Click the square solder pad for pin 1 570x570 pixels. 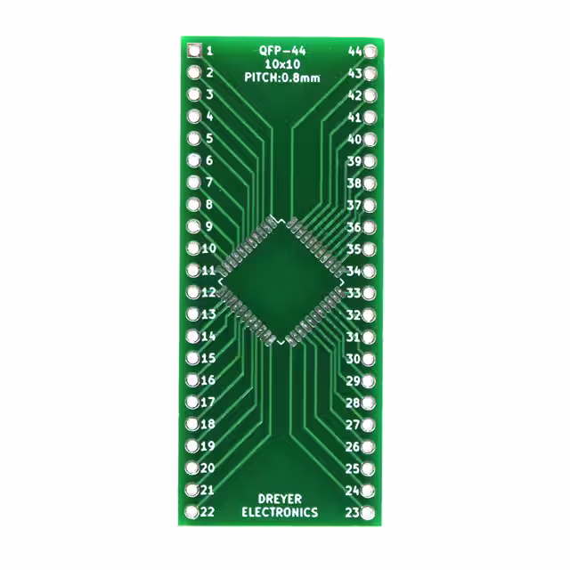(194, 51)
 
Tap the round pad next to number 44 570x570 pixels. (370, 52)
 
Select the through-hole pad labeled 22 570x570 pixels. (192, 512)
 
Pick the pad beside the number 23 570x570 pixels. (368, 513)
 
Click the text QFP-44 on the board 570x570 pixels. (282, 51)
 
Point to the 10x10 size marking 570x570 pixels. (282, 64)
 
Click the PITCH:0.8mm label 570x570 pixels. (282, 77)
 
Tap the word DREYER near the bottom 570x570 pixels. (280, 499)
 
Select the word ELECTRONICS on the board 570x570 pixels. (280, 513)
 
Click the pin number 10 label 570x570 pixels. (209, 248)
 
